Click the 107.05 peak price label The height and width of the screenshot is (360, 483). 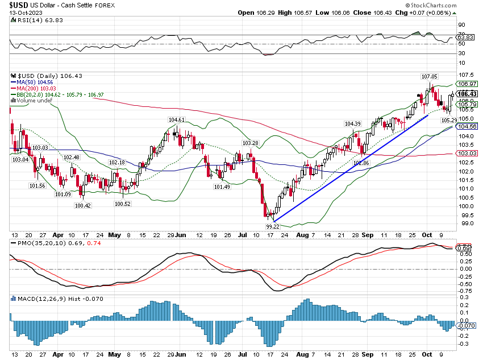pyautogui.click(x=429, y=76)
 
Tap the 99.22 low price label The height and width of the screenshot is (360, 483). pyautogui.click(x=273, y=226)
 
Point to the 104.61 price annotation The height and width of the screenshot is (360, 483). pyautogui.click(x=176, y=119)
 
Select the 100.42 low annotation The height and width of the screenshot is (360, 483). pyautogui.click(x=82, y=206)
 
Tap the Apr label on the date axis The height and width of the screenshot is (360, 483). pyautogui.click(x=58, y=234)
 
